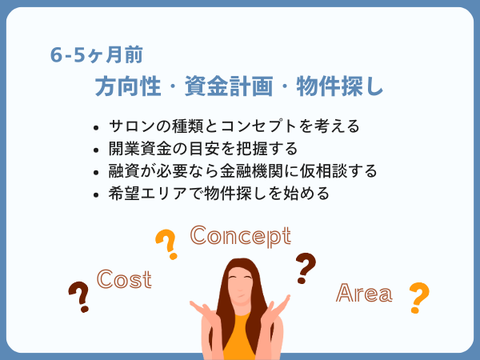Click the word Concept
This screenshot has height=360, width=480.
click(x=241, y=236)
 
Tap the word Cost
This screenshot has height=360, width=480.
click(x=124, y=279)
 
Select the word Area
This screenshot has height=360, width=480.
click(x=364, y=293)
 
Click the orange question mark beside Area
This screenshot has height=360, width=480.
click(x=418, y=298)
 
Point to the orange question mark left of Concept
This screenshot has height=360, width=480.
click(x=167, y=244)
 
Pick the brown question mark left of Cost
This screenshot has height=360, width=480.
click(x=79, y=297)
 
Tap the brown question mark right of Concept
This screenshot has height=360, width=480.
click(x=306, y=268)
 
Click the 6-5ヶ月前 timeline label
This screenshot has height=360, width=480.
click(x=97, y=55)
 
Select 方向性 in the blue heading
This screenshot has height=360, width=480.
click(x=128, y=86)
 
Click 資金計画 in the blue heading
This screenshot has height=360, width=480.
click(x=229, y=86)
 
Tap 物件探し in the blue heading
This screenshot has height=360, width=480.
click(x=340, y=86)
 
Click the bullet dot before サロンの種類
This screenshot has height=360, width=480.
click(x=96, y=128)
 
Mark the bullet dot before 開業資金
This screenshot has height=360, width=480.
click(x=96, y=150)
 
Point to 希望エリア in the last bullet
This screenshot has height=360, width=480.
click(x=148, y=194)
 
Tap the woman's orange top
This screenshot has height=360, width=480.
click(x=239, y=337)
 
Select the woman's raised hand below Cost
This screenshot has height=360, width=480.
click(x=202, y=310)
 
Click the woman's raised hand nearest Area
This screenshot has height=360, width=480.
click(x=278, y=306)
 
